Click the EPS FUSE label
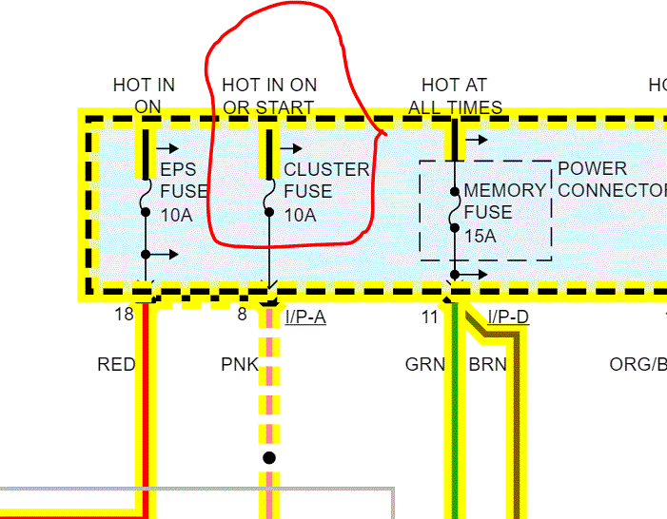[x=178, y=181]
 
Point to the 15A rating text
[x=480, y=234]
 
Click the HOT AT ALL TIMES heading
[x=455, y=96]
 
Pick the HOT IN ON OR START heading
[x=269, y=96]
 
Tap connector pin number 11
[x=429, y=317]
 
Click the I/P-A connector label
[x=305, y=317]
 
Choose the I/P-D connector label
[x=508, y=317]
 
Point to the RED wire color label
[x=116, y=364]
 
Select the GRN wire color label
[x=425, y=364]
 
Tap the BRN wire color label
[x=488, y=364]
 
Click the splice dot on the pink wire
[x=269, y=458]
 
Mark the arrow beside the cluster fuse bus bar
[x=292, y=148]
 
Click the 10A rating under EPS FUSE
[x=176, y=215]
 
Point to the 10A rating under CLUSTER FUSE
[x=301, y=215]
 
